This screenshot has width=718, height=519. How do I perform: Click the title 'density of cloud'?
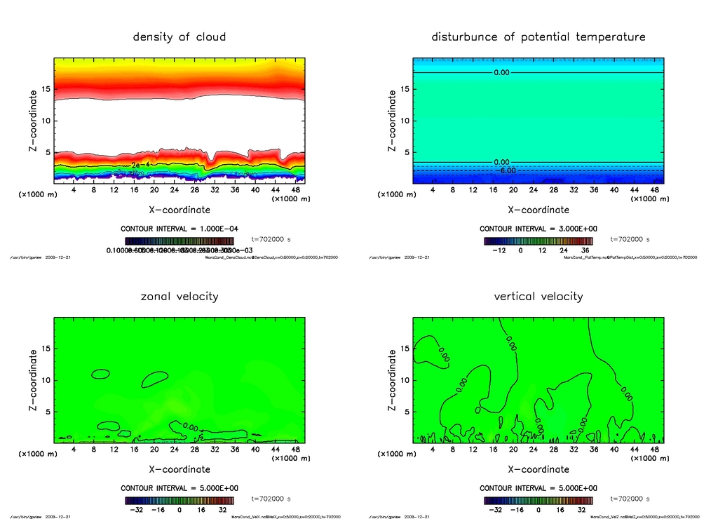point(179,36)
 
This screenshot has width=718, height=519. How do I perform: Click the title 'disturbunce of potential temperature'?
point(538,36)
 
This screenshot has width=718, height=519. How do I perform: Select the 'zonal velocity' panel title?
point(179,296)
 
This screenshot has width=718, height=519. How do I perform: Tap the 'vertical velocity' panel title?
point(538,296)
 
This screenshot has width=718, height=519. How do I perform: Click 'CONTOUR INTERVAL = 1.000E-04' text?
point(179,229)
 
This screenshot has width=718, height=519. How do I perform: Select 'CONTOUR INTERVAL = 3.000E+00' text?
point(538,229)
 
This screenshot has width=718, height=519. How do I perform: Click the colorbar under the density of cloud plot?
point(179,240)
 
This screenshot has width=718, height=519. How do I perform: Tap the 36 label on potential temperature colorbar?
point(584,250)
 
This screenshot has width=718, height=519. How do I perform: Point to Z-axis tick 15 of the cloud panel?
point(46,89)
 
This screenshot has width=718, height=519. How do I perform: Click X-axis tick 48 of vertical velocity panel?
point(654,449)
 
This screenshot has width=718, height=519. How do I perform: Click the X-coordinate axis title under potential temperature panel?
point(538,210)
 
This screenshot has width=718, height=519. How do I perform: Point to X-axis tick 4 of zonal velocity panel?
point(74,449)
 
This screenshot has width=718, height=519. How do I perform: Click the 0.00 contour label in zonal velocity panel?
point(189,426)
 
